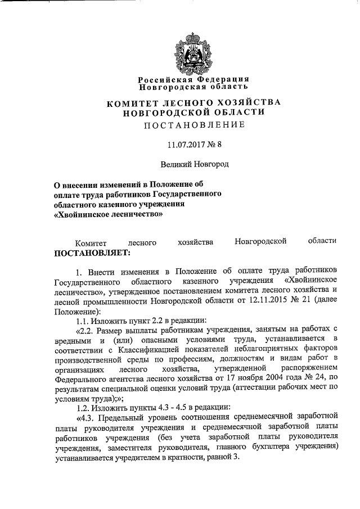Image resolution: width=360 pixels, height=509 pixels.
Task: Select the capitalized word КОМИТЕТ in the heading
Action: (132, 102)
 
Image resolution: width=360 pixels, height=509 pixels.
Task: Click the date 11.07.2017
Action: (186, 145)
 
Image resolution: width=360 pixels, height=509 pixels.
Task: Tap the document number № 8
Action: (215, 145)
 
